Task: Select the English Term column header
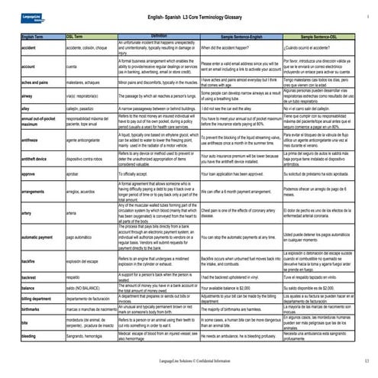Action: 34,37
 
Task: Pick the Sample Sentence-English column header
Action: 246,37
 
